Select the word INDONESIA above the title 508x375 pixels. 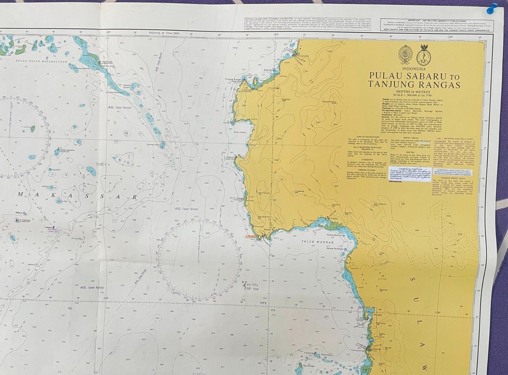pos(414,67)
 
